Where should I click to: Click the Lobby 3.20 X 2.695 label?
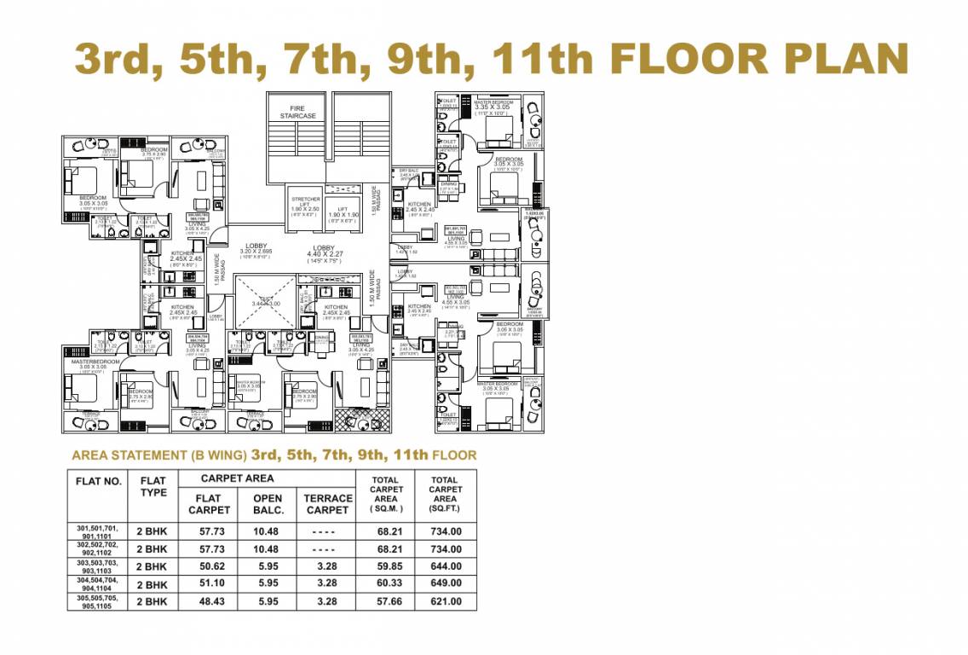pos(256,249)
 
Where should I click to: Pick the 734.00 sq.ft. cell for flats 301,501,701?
pos(445,530)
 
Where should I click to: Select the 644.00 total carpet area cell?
pos(445,566)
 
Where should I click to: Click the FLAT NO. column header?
pos(100,481)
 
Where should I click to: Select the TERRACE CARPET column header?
pos(327,503)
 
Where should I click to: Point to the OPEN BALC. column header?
pos(268,503)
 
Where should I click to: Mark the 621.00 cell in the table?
pos(445,601)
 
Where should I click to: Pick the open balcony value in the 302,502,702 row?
pos(268,548)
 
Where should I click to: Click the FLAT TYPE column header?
pos(153,486)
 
